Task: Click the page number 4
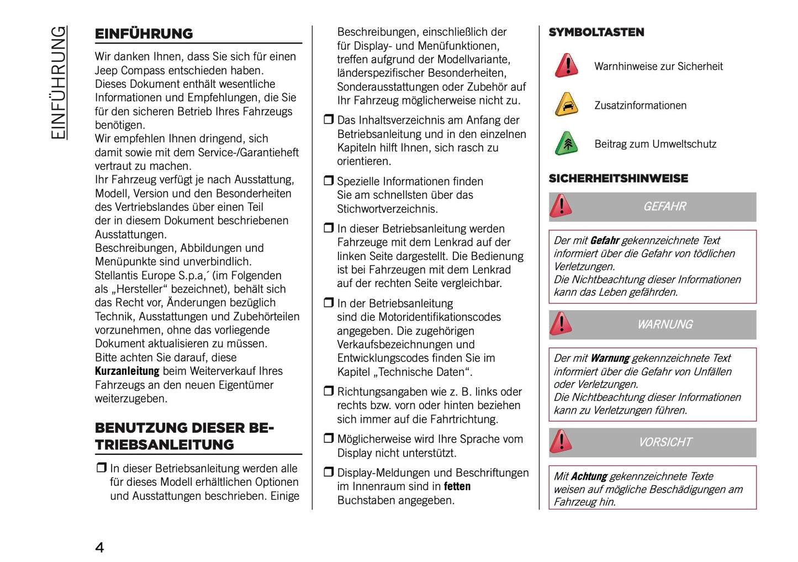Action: (99, 547)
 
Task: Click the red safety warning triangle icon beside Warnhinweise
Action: (566, 66)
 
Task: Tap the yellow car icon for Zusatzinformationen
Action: (566, 105)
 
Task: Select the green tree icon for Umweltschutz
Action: (566, 144)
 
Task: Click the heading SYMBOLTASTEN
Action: (596, 33)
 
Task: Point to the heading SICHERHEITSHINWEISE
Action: (618, 178)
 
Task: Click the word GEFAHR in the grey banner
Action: (664, 206)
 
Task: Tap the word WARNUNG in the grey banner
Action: (664, 325)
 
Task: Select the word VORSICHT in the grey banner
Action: (665, 442)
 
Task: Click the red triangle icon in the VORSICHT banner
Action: (561, 442)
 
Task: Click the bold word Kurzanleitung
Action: (127, 371)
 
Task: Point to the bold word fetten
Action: (457, 486)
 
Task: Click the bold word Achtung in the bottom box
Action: (589, 476)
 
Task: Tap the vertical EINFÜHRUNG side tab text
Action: (58, 83)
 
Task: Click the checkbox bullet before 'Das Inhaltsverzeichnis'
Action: (329, 119)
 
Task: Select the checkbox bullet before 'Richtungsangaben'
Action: (329, 391)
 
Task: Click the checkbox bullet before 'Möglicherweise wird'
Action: (329, 438)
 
